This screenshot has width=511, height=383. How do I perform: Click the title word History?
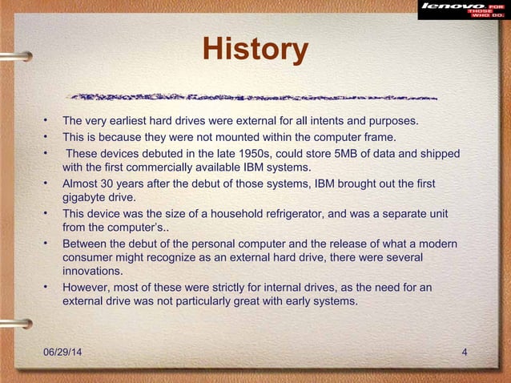point(255,50)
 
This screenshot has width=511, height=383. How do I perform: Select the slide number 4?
point(465,353)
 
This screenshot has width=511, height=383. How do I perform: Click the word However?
point(87,288)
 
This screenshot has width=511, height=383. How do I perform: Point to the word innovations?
point(93,272)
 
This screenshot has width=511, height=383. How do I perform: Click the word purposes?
point(391,122)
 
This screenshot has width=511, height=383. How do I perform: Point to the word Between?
point(87,243)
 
